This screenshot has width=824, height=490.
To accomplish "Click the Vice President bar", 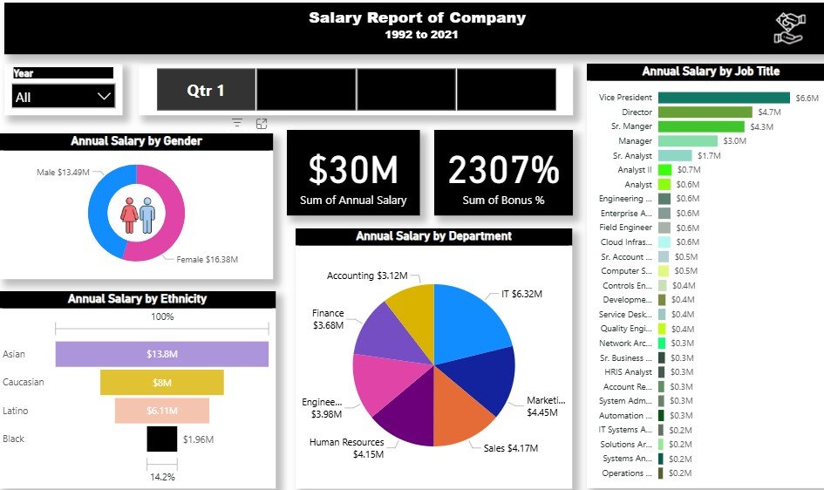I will (x=724, y=98).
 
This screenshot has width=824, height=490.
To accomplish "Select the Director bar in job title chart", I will (x=705, y=112).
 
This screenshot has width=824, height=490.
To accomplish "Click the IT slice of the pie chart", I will (x=475, y=318).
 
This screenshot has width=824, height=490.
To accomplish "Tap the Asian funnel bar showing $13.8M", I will (x=161, y=354).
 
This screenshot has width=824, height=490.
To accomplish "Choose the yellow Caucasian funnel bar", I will (x=161, y=383).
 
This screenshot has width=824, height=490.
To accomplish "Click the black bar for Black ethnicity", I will (x=161, y=439).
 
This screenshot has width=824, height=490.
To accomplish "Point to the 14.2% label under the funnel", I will (x=162, y=477).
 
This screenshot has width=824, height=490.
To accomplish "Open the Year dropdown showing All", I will (x=63, y=97).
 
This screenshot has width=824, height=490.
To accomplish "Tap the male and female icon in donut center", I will (x=137, y=214).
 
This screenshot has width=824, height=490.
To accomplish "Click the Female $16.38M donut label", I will (x=208, y=259).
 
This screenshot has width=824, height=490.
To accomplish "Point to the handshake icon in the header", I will (x=787, y=29).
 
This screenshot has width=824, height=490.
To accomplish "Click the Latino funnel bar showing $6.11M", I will (x=161, y=411).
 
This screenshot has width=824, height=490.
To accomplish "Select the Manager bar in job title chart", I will (x=687, y=141).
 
